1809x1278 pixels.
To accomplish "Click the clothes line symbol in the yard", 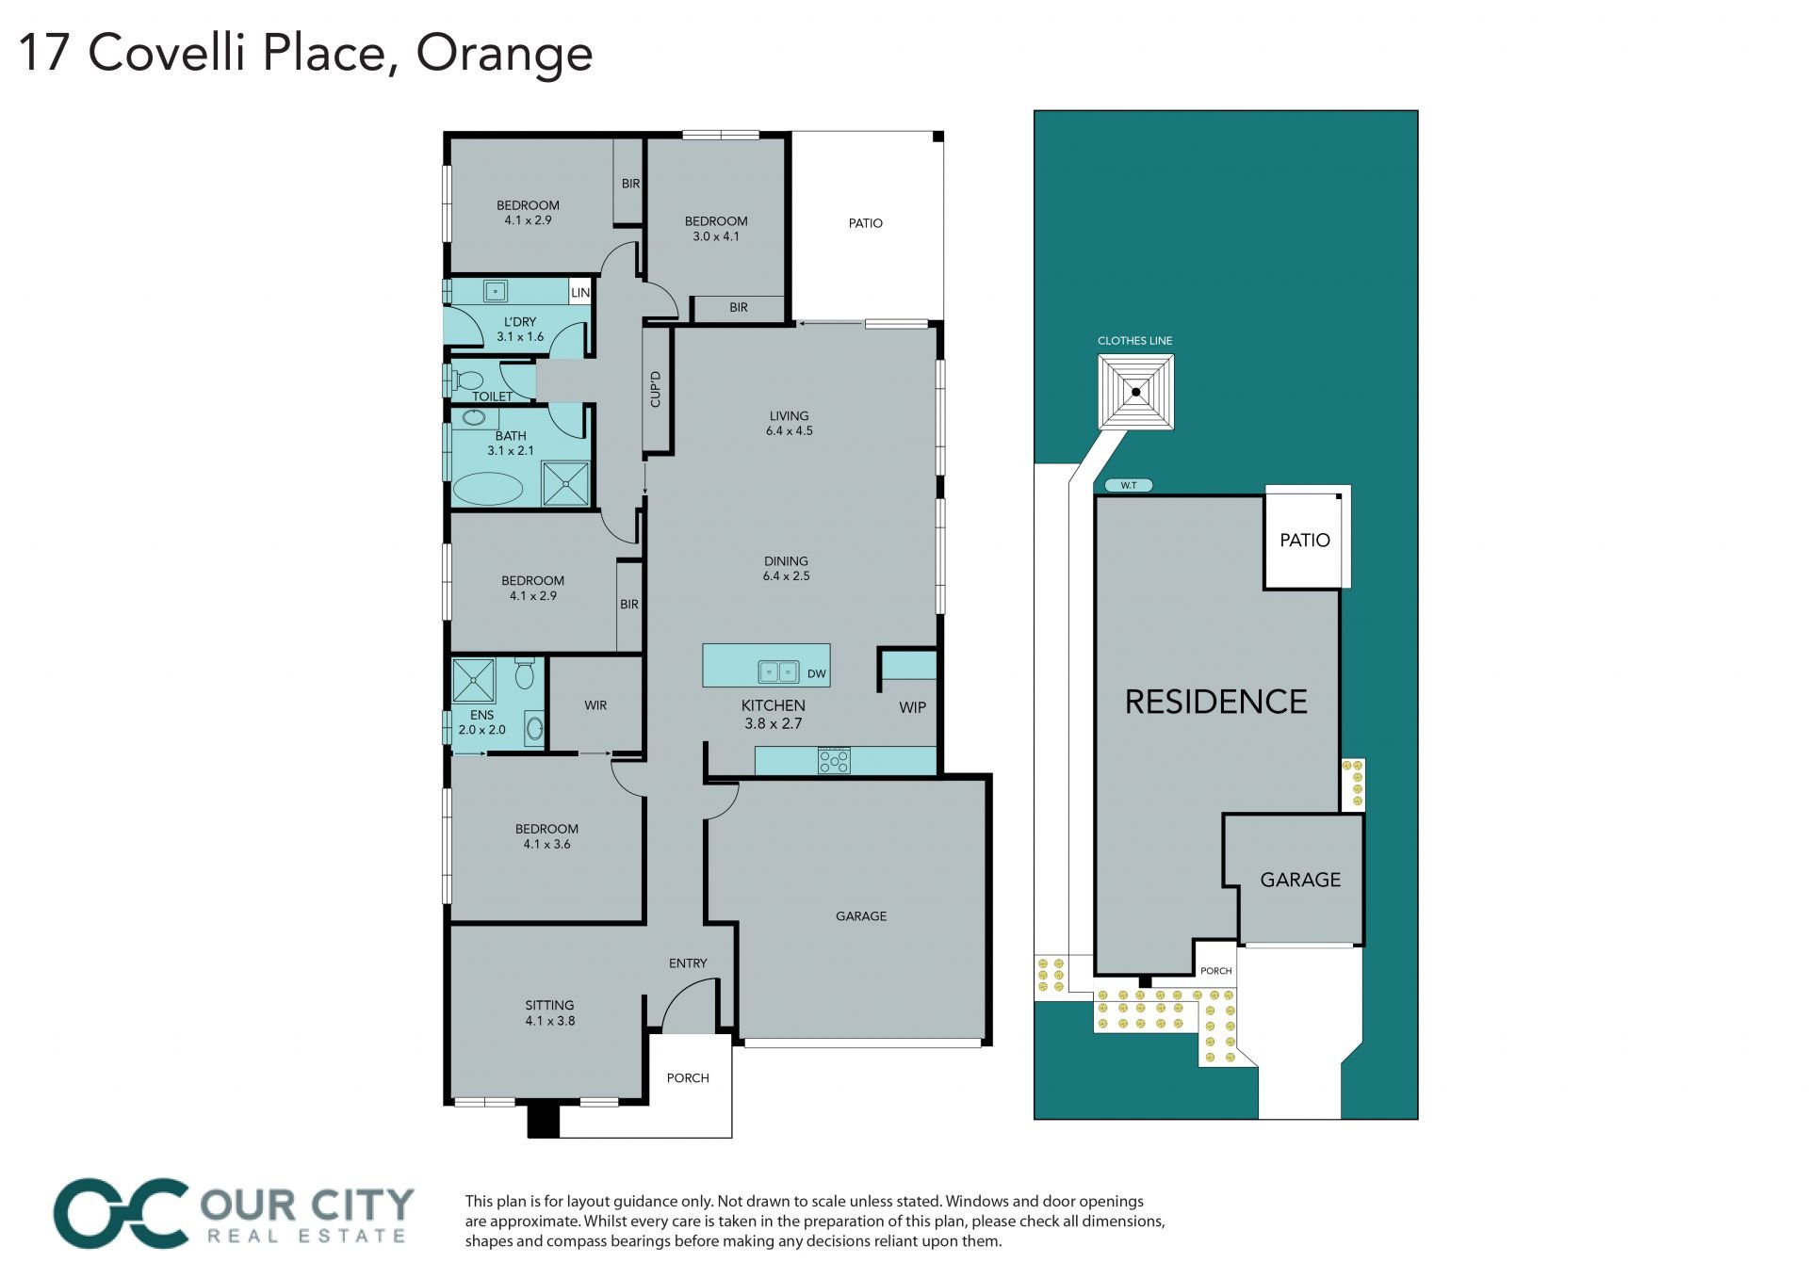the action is (1136, 392).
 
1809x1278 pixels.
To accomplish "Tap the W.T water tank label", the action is (1128, 486).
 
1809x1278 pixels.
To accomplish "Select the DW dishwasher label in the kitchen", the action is (817, 673).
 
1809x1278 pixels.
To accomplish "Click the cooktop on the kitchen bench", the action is (834, 760).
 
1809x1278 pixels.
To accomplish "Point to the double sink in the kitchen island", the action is (779, 672).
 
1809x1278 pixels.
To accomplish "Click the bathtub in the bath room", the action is (488, 489).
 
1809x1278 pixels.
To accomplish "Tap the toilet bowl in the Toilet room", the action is (465, 380).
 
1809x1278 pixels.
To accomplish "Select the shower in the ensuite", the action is (473, 680).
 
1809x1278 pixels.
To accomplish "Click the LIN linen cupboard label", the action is (580, 293).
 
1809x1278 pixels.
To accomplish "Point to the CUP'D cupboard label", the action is (656, 389).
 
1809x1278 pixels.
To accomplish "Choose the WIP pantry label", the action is (912, 707).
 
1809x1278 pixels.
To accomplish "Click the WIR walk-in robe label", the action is (595, 705).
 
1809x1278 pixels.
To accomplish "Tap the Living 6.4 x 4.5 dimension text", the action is (790, 430).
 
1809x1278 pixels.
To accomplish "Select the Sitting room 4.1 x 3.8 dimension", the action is (550, 1020).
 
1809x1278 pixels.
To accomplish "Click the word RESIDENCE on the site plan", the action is (1216, 702).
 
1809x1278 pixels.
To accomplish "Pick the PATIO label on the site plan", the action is (1305, 541).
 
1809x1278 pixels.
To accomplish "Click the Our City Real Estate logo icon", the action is (121, 1213).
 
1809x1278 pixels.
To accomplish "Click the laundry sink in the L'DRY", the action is (496, 291).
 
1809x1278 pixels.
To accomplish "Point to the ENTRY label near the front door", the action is (688, 963).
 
